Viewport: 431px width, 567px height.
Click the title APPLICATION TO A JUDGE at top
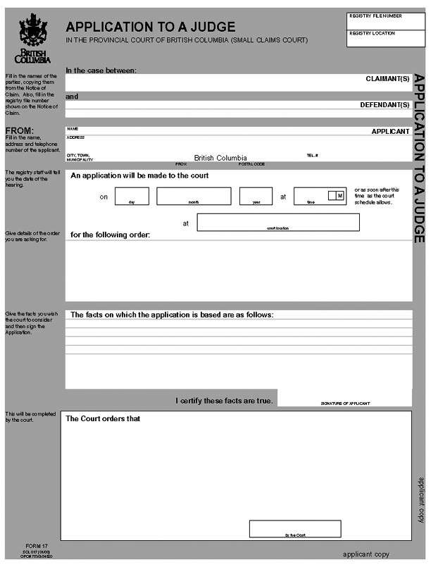151,27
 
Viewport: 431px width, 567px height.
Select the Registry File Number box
385,20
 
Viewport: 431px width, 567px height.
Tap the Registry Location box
385,39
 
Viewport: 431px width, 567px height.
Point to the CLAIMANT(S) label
387,79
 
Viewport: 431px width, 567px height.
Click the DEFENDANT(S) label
385,105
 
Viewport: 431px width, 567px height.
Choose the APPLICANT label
390,131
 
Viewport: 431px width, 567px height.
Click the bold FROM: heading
20,130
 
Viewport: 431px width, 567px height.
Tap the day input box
132,196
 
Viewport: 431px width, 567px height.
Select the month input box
194,196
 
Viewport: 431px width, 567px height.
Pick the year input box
256,196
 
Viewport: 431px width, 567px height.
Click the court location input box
278,222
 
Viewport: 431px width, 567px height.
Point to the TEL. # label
312,155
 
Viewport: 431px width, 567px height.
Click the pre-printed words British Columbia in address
220,158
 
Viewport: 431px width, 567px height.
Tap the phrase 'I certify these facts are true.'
224,401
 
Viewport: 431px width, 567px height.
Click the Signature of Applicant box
344,398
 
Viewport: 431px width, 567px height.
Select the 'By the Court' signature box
296,528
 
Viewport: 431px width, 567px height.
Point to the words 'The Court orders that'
103,418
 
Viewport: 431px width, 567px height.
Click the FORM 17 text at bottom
37,547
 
